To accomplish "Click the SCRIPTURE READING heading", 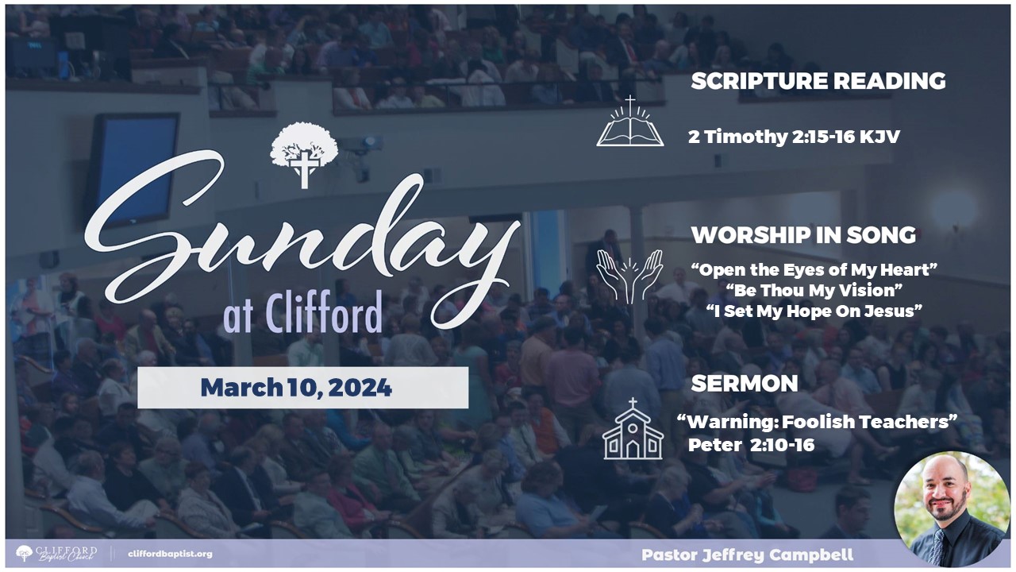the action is tap(818, 81).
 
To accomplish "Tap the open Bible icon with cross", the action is tap(630, 122).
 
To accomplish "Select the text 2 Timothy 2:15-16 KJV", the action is tap(794, 137).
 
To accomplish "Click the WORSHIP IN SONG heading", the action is tap(803, 235).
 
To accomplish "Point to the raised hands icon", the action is tap(629, 276).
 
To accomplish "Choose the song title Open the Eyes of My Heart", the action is tap(814, 270).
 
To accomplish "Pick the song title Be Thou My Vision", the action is tap(814, 291).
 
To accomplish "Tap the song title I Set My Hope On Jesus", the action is tap(814, 311).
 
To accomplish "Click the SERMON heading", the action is tap(745, 384).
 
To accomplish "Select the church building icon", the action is tap(633, 429).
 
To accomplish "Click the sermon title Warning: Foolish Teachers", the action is tap(817, 422).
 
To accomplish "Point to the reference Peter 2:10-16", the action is tap(751, 445).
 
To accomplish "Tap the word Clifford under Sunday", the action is tap(323, 312).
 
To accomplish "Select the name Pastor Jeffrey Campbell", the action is tap(748, 555).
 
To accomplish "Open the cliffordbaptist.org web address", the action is tap(170, 555).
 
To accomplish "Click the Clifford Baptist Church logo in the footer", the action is tap(56, 554).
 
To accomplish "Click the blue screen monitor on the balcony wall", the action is tap(133, 169).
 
